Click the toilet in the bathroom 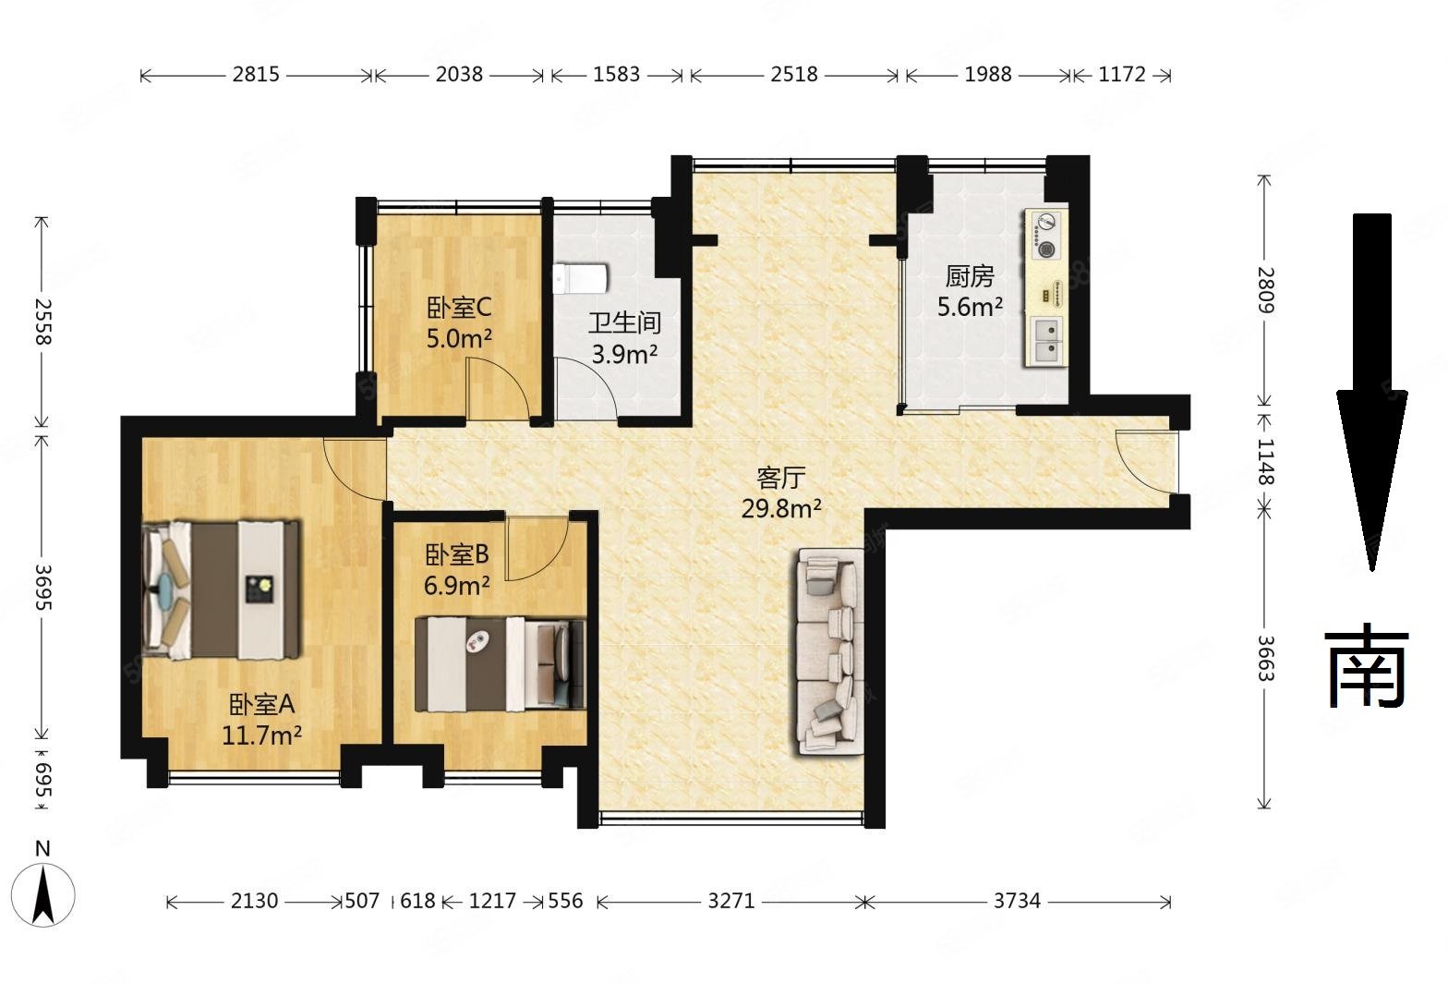pyautogui.click(x=580, y=278)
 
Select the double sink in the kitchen pyautogui.click(x=1044, y=341)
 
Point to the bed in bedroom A pyautogui.click(x=221, y=589)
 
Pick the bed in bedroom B pyautogui.click(x=500, y=664)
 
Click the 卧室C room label pyautogui.click(x=459, y=308)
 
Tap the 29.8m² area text pyautogui.click(x=781, y=509)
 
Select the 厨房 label pyautogui.click(x=969, y=276)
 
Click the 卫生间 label pyautogui.click(x=624, y=322)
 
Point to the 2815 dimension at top pyautogui.click(x=256, y=75)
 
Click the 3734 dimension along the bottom pyautogui.click(x=1017, y=901)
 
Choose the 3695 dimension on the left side pyautogui.click(x=42, y=588)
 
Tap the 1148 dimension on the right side pyautogui.click(x=1265, y=462)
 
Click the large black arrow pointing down pyautogui.click(x=1371, y=392)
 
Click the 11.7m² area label pyautogui.click(x=262, y=735)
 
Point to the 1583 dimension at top pyautogui.click(x=617, y=75)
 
